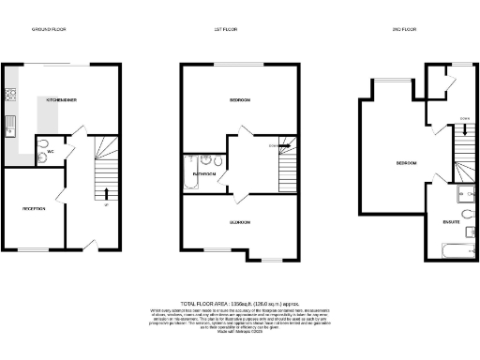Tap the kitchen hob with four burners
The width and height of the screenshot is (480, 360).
coord(11,95)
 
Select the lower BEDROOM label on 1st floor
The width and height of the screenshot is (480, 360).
coord(238,222)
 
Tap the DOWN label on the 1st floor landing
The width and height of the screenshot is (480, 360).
coord(275,147)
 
